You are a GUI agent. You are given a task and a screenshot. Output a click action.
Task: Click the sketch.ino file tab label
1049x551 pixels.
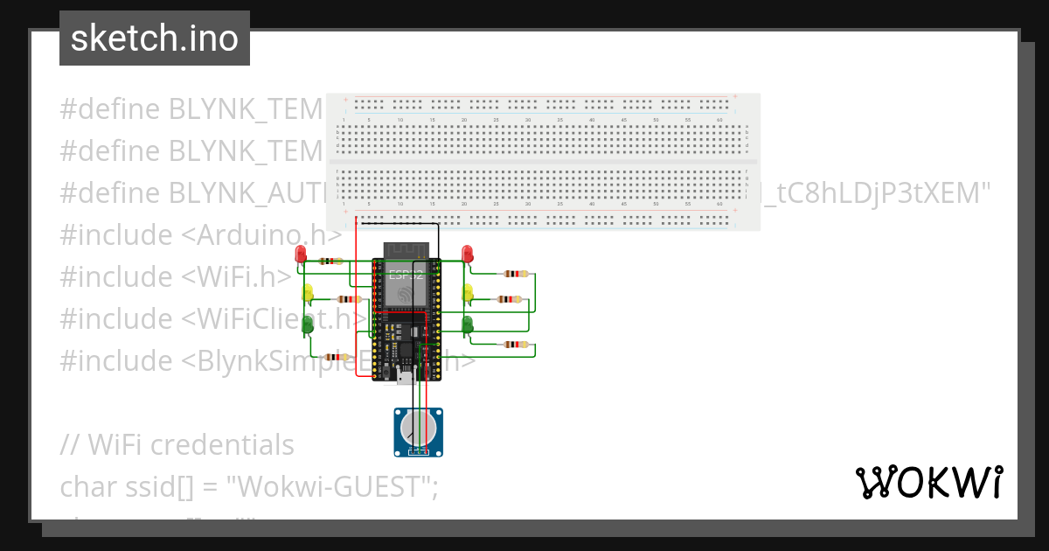point(155,38)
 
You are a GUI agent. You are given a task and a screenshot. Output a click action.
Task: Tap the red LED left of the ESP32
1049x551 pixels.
point(302,254)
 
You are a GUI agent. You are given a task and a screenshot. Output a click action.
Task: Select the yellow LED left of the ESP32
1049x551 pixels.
point(307,292)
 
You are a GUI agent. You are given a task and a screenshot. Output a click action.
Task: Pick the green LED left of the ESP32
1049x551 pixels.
point(307,325)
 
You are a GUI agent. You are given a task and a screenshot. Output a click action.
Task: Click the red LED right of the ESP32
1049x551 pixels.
point(468,254)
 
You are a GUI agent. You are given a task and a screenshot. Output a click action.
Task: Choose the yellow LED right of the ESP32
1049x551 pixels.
point(468,292)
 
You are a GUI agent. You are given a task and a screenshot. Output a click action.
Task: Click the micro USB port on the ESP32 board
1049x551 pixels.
point(405,377)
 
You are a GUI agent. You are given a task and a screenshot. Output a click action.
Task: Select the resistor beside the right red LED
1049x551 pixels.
point(517,274)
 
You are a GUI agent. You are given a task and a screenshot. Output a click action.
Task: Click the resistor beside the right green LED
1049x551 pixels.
point(517,345)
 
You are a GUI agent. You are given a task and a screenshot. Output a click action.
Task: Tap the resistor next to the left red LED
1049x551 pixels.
point(331,261)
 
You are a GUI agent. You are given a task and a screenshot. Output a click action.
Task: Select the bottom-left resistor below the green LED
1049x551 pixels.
point(335,357)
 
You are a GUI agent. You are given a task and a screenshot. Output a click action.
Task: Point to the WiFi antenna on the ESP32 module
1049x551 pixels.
point(405,248)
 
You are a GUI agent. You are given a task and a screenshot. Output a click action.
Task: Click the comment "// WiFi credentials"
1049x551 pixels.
point(177,444)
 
